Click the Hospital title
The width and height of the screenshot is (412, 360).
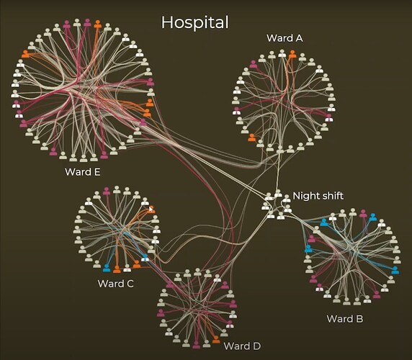195,23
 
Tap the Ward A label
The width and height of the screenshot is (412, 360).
285,38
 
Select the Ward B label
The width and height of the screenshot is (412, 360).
345,319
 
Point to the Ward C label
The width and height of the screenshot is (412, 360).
116,284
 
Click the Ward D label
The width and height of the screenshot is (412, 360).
242,346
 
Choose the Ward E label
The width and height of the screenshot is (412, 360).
83,172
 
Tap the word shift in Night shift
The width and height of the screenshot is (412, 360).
331,196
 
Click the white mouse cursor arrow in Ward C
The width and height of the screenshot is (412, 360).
151,209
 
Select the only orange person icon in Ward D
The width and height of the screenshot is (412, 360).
216,339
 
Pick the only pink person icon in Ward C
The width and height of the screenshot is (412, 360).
107,191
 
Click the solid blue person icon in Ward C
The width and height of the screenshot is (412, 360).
107,268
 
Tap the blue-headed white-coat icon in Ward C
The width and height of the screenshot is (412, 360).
145,257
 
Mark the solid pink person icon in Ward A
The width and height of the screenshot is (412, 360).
253,64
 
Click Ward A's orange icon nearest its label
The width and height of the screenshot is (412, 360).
292,54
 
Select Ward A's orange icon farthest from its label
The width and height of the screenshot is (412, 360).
251,138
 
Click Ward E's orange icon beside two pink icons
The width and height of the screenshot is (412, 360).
97,24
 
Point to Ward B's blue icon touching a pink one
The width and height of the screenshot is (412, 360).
372,217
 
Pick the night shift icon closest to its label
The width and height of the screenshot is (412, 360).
286,199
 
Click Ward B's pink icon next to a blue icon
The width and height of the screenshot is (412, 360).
363,213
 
